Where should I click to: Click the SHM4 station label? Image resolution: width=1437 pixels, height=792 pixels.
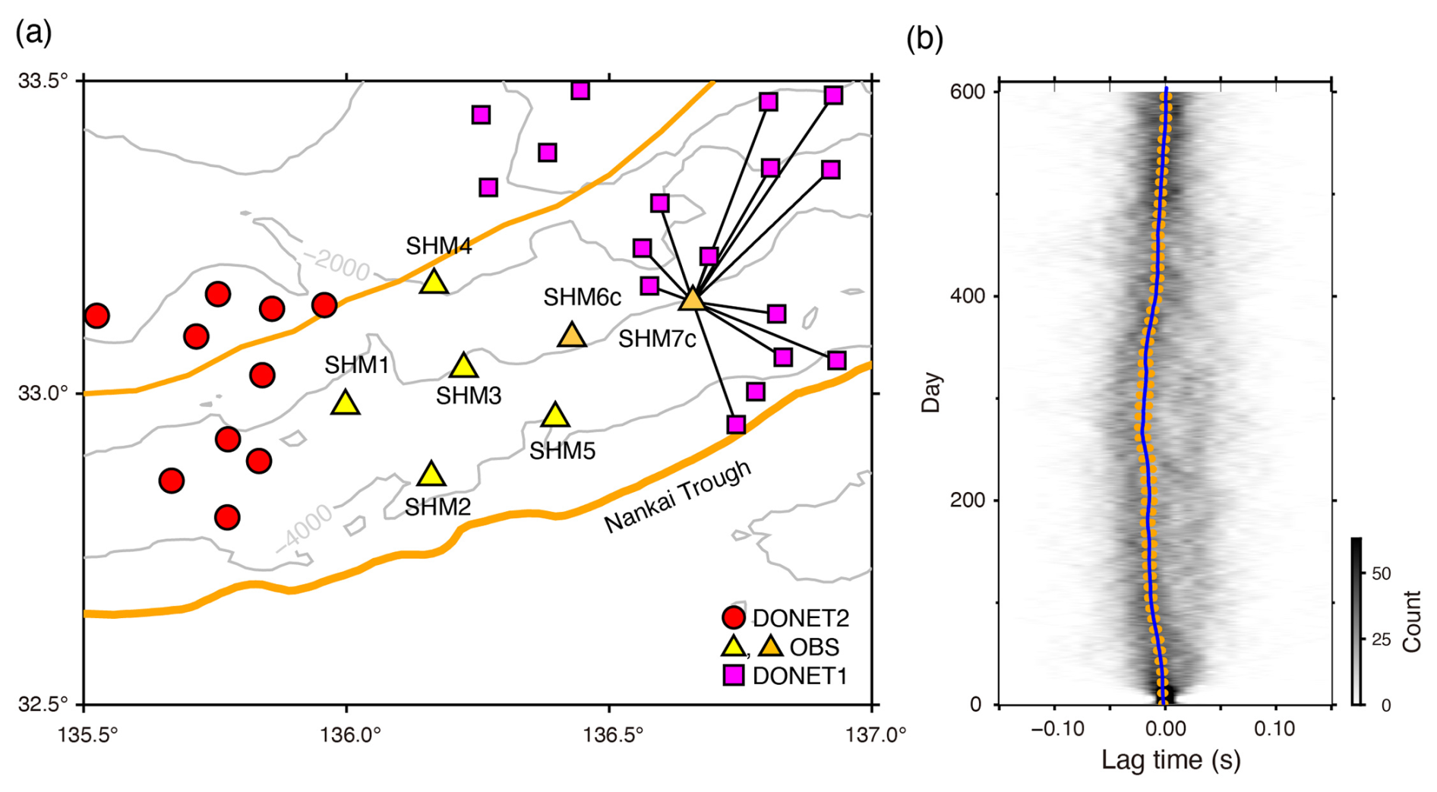[438, 246]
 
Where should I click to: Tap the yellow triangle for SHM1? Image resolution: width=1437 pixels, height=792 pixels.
[346, 403]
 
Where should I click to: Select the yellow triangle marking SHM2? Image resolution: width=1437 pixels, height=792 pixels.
[431, 475]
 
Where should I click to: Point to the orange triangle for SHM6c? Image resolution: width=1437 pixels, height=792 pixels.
[572, 335]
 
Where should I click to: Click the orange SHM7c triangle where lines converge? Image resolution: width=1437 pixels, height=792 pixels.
[692, 299]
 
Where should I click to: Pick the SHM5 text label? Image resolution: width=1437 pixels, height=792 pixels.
[562, 451]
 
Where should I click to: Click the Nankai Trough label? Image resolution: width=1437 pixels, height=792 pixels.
[677, 497]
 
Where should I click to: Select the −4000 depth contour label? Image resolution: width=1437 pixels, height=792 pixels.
[304, 526]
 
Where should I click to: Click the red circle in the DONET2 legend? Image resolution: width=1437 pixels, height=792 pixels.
[733, 617]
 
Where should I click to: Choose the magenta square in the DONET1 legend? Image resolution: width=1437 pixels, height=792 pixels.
[733, 675]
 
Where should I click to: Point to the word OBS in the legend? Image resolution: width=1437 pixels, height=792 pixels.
[814, 647]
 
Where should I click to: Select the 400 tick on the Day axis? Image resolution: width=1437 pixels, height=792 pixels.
[967, 296]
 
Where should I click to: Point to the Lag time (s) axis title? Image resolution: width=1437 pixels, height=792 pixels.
[1170, 760]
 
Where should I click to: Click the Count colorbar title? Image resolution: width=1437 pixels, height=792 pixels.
[1411, 621]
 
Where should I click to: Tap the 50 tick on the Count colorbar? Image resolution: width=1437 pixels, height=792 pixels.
[1381, 573]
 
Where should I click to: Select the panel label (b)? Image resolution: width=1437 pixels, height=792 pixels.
[924, 38]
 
